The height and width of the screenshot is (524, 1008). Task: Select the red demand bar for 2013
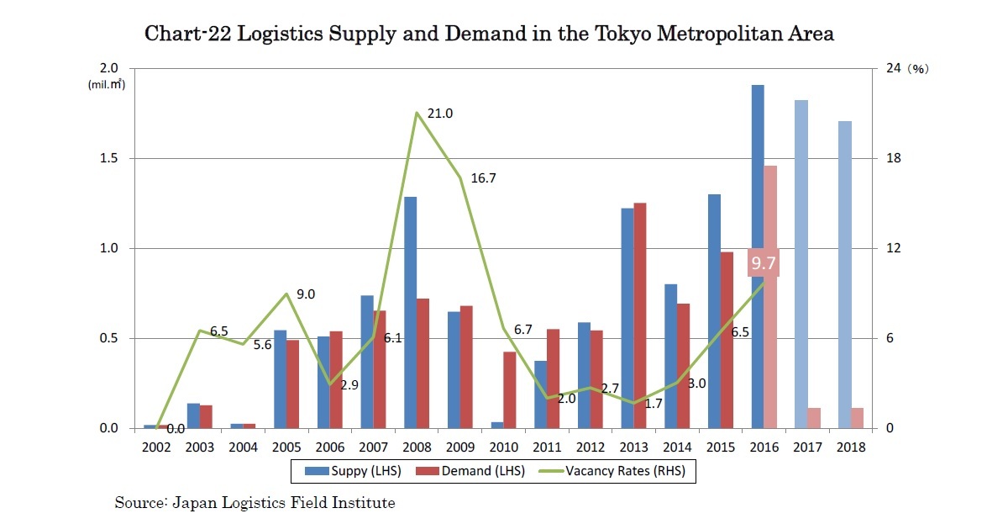[x=640, y=315]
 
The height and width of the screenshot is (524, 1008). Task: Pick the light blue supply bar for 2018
[x=844, y=274]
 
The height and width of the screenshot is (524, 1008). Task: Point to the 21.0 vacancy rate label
[x=440, y=114]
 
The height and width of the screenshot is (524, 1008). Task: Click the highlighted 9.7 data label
[x=764, y=263]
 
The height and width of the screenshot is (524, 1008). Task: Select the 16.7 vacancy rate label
[x=484, y=178]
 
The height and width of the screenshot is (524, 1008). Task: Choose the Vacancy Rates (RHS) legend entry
[x=625, y=471]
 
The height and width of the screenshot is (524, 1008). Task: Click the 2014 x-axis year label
[x=677, y=447]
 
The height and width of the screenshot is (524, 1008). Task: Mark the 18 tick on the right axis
[x=895, y=158]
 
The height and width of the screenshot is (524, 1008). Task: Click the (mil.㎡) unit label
[x=107, y=84]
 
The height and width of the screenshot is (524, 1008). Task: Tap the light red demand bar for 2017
[x=814, y=418]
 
